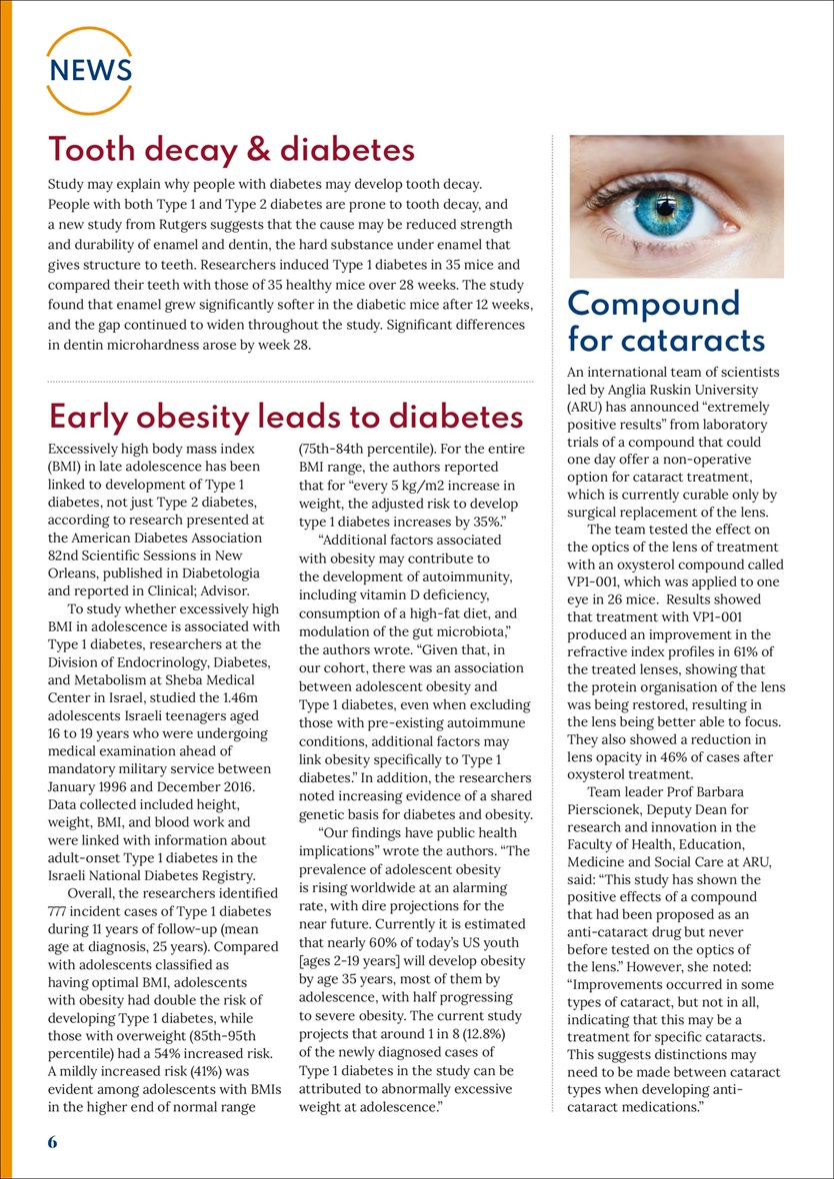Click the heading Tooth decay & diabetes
click(231, 150)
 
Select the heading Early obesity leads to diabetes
click(285, 417)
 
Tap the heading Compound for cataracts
click(667, 321)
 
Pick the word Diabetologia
click(215, 574)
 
